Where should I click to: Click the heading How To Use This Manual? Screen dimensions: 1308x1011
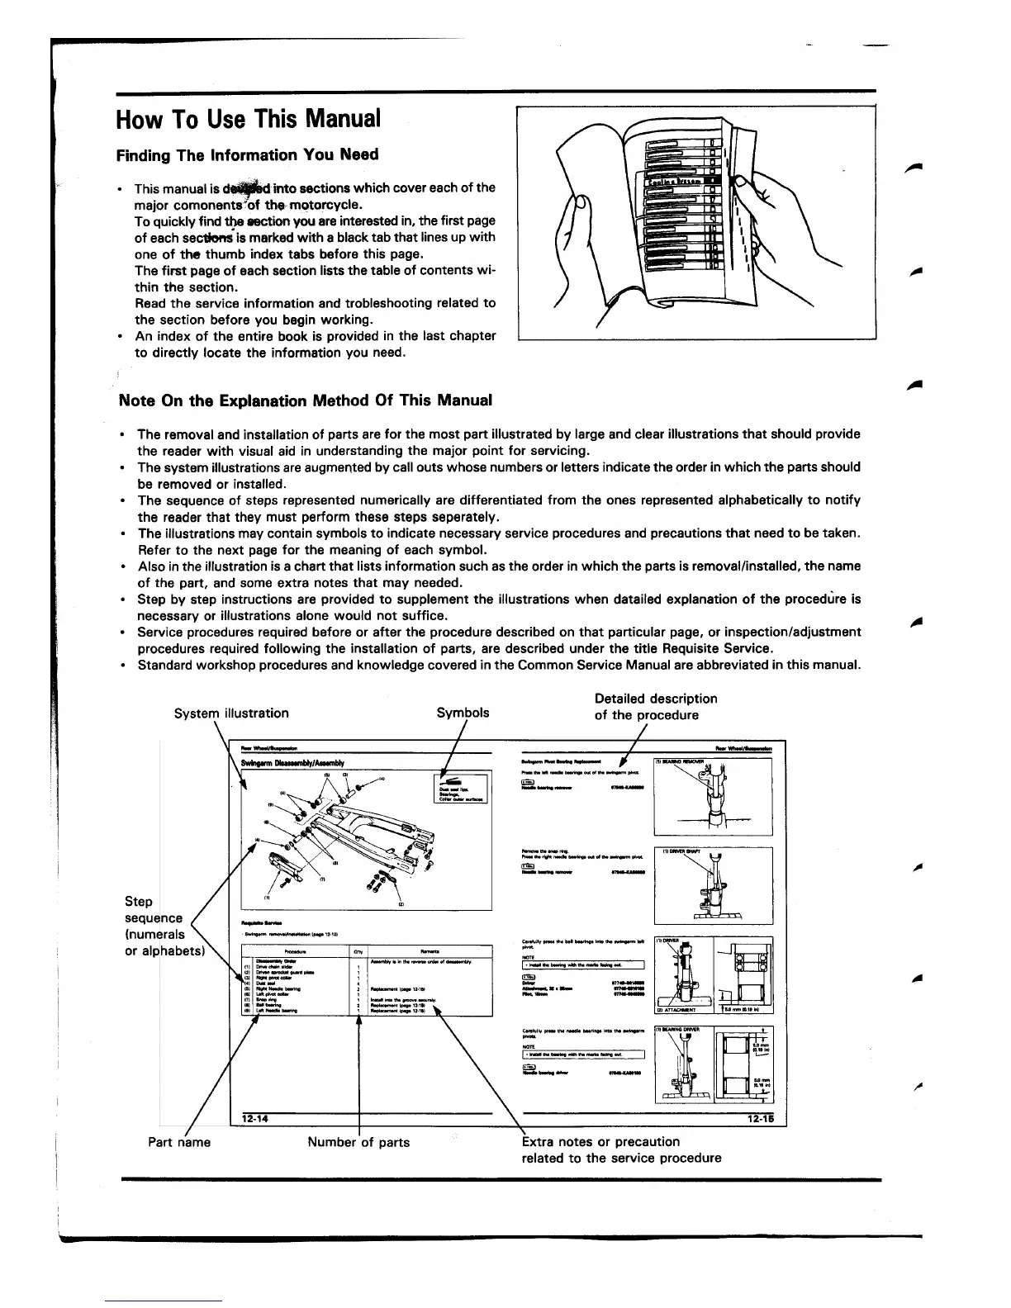[249, 120]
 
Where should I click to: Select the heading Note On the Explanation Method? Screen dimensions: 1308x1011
[306, 400]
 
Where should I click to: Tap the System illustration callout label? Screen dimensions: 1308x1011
[231, 713]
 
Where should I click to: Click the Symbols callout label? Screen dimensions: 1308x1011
[463, 713]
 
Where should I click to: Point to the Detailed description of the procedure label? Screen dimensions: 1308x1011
[656, 707]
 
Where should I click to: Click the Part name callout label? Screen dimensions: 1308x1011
[179, 1142]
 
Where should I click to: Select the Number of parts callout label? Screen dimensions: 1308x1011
[358, 1142]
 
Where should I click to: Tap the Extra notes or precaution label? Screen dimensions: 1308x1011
[621, 1149]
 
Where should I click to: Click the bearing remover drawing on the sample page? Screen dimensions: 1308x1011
[712, 797]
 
